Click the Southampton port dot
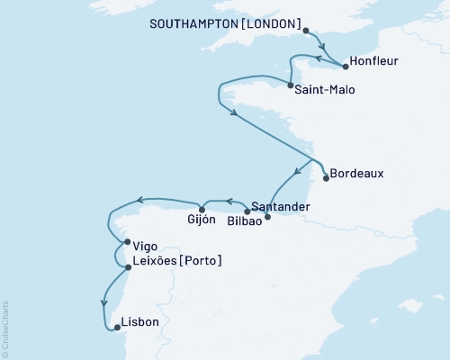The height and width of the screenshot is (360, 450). point(307,31)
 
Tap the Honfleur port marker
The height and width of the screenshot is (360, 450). point(346,66)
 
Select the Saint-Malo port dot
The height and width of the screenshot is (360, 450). point(289,86)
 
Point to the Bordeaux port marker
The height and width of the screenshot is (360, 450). point(326,177)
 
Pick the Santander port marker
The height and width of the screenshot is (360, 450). point(247,211)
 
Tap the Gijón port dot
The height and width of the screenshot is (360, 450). point(202,210)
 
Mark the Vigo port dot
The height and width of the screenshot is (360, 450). point(126,241)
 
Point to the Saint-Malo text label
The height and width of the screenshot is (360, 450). point(325,89)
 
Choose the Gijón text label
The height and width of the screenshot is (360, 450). point(202,221)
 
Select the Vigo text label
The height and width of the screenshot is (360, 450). point(146,244)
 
